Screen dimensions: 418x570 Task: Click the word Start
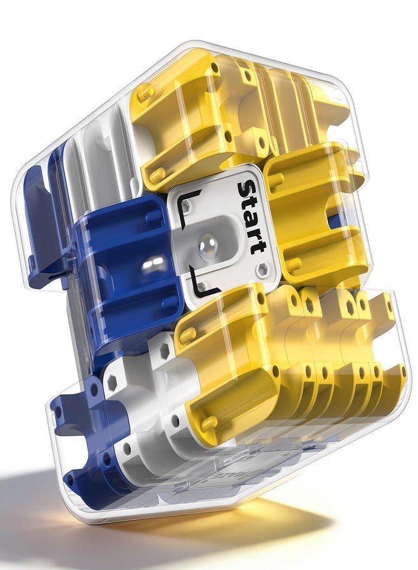(250, 217)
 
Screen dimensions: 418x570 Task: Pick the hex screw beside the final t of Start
(262, 269)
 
